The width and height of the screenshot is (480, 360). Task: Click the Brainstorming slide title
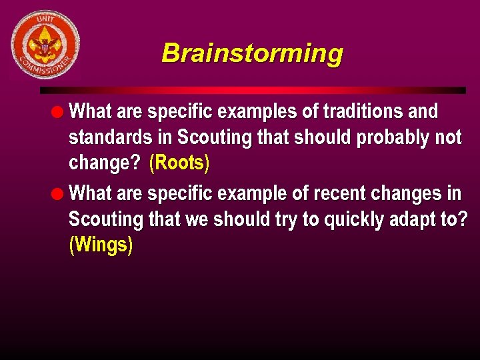tap(252, 53)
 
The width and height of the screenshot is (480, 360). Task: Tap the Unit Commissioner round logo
tap(45, 45)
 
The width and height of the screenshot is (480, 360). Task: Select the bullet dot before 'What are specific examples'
tap(59, 112)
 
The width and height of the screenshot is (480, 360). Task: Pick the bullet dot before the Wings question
tap(59, 194)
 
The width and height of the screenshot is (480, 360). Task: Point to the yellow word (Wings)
tap(101, 245)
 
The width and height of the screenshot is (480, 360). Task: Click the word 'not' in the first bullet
tap(448, 138)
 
